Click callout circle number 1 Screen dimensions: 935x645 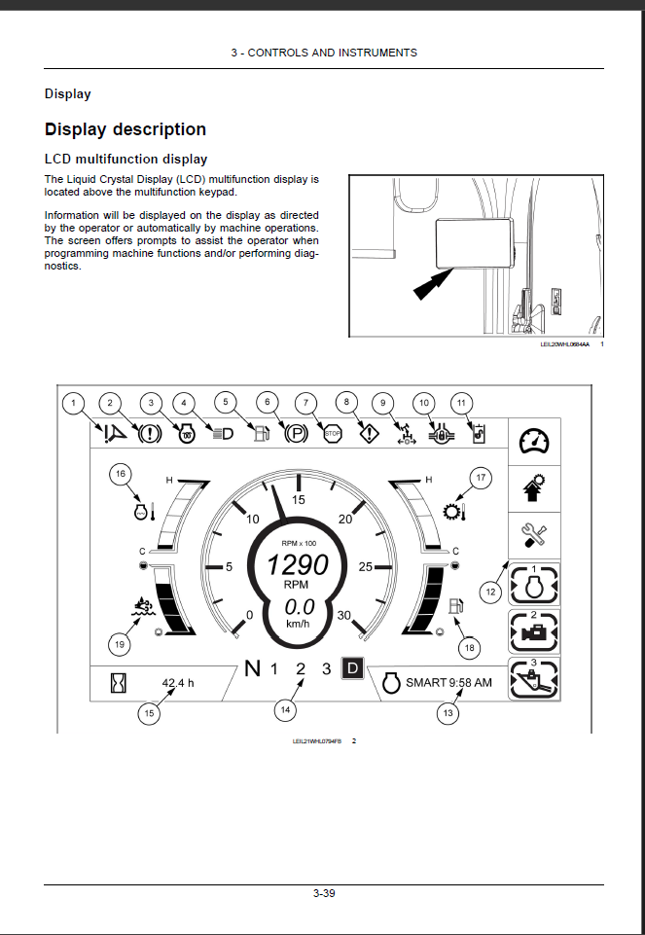(x=71, y=402)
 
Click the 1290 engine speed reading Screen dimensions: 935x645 (x=298, y=564)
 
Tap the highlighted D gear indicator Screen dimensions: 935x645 (x=354, y=668)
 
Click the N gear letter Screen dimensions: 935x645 (x=253, y=668)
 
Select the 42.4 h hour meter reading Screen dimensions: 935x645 (x=177, y=683)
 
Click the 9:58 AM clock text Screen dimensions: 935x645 (x=470, y=683)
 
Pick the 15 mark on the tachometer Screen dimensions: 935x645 (x=299, y=499)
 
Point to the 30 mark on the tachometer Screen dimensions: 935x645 (x=343, y=615)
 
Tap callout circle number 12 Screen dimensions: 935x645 (x=491, y=590)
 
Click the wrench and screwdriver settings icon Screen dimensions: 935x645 (x=533, y=532)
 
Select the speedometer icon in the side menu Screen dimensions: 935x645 (x=533, y=442)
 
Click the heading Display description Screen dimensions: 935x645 (x=125, y=129)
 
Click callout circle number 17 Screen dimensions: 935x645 (x=479, y=478)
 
